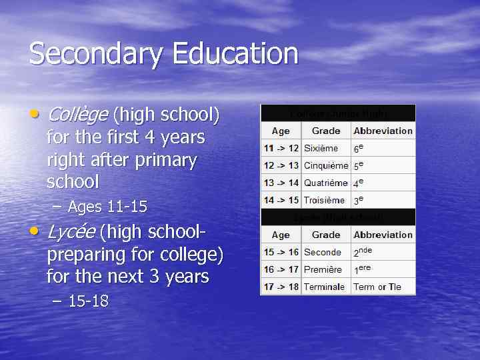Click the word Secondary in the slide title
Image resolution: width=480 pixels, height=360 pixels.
pos(94,53)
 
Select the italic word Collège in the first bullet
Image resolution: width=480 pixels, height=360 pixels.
pos(77,115)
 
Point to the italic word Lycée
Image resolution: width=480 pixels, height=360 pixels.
pos(71,232)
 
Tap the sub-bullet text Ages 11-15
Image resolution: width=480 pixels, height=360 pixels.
pos(107,207)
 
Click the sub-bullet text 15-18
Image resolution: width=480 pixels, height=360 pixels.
pos(88,301)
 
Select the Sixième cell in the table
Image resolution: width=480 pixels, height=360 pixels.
pos(321,149)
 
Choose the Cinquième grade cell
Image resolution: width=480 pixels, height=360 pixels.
pos(325,166)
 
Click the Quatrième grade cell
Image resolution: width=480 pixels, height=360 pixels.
pos(325,183)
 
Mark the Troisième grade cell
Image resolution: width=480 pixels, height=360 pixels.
pos(324,200)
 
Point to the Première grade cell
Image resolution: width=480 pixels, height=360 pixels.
pos(323,269)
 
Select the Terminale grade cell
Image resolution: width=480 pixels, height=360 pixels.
pos(324,287)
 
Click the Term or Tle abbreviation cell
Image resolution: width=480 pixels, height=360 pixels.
pos(377,287)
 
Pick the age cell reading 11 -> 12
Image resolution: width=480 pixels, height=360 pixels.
pos(281,149)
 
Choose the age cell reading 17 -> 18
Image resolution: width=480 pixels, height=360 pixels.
pos(281,287)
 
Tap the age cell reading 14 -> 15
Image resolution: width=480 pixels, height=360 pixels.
pos(281,200)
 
